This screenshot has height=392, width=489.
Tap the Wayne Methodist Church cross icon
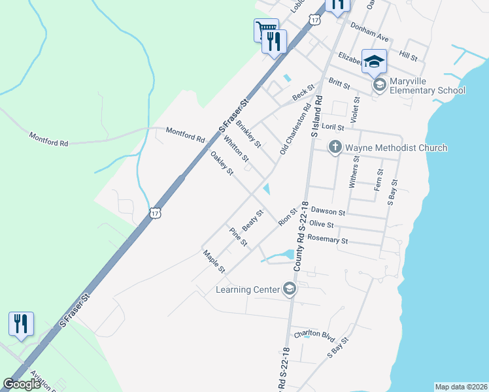coord(335,148)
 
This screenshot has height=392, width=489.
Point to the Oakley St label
coord(222,163)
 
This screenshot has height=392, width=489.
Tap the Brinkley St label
coord(248,133)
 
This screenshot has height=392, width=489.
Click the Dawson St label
coord(328,212)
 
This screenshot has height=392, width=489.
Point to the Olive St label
coord(322,224)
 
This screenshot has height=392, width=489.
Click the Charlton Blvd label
coord(314,335)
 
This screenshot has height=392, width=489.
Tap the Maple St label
coord(214,261)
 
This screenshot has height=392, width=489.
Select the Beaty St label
coord(252,220)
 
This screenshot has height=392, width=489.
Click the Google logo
coord(22,384)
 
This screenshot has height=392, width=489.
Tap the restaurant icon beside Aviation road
coord(21,323)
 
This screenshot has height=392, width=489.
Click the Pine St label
coord(238,237)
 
